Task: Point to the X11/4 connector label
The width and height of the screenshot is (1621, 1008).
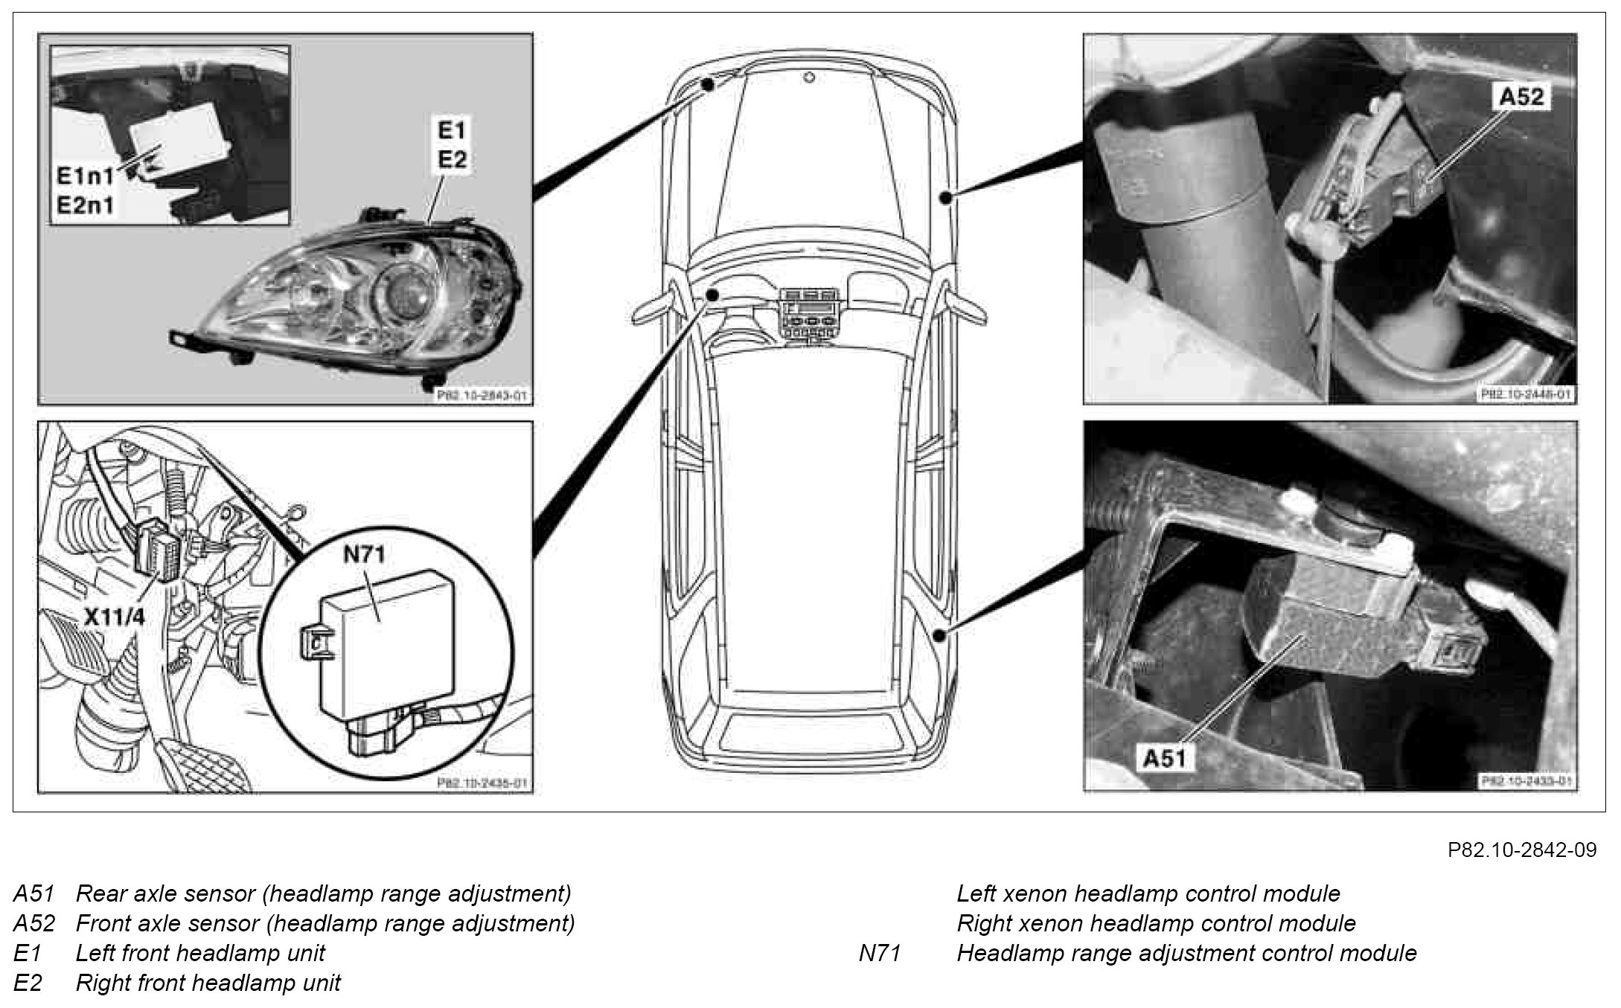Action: point(113,617)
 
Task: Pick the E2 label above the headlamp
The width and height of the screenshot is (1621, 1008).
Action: point(452,159)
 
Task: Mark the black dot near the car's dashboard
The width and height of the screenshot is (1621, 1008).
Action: point(712,295)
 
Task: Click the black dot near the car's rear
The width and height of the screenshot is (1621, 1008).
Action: point(940,635)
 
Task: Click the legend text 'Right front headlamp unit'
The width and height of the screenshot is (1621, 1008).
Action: point(208,983)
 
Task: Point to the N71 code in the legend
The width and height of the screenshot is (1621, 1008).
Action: point(880,953)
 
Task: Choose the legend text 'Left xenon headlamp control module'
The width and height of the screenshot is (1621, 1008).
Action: point(1148,893)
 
